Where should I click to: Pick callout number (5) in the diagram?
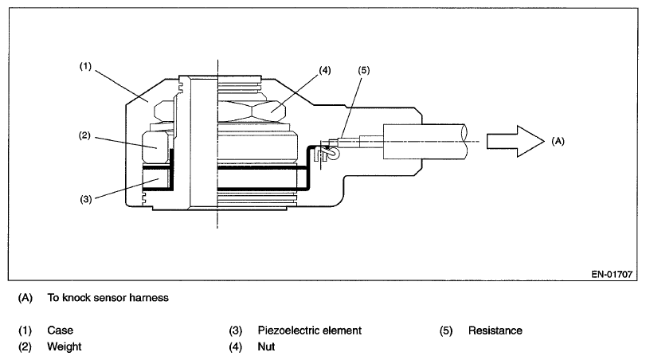365,70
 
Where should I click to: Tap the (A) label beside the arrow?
558,140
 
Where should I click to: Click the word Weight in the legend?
64,346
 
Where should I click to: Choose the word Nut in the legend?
266,346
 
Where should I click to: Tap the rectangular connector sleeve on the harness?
407,142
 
